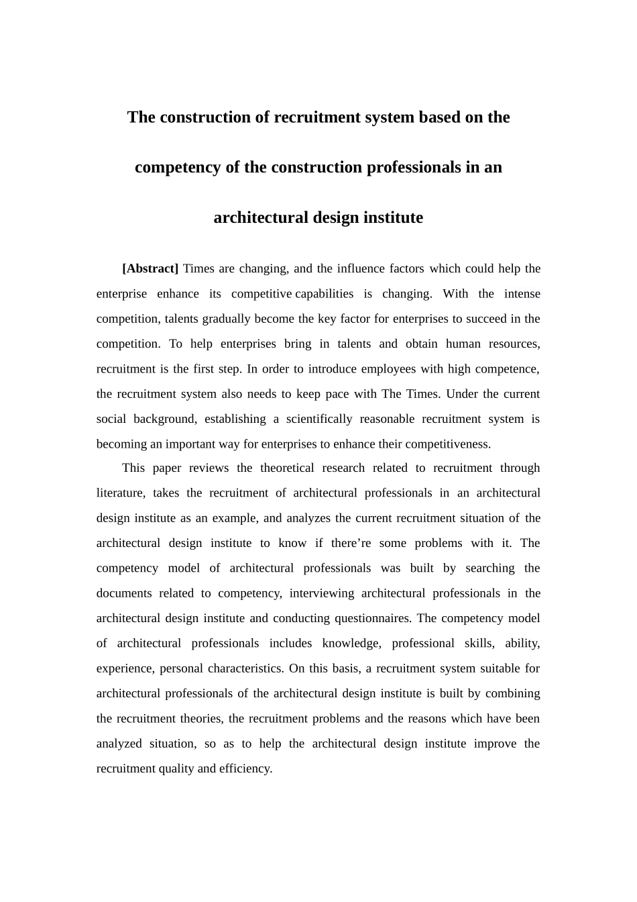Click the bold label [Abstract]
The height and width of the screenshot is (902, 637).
click(150, 268)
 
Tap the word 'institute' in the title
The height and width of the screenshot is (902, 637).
click(393, 217)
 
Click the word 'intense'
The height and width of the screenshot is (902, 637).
click(522, 293)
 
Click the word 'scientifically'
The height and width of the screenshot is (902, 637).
click(319, 419)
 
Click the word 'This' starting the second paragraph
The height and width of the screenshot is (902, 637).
click(133, 468)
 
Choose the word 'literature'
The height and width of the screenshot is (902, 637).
click(119, 493)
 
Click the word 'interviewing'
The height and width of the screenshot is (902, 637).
click(321, 593)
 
